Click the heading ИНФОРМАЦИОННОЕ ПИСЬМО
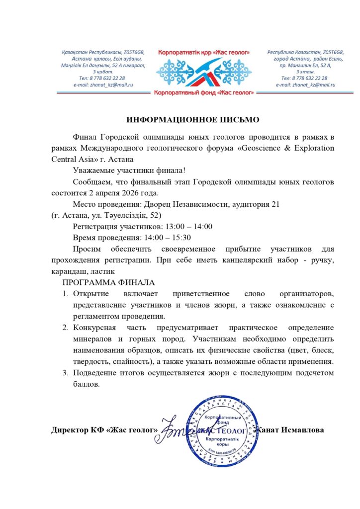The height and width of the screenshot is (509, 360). [193, 120]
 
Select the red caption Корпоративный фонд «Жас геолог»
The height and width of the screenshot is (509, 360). [203, 93]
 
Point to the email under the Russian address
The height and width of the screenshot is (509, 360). [306, 85]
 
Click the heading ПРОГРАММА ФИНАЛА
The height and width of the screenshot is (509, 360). [108, 282]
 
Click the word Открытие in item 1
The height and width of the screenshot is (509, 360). [91, 293]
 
